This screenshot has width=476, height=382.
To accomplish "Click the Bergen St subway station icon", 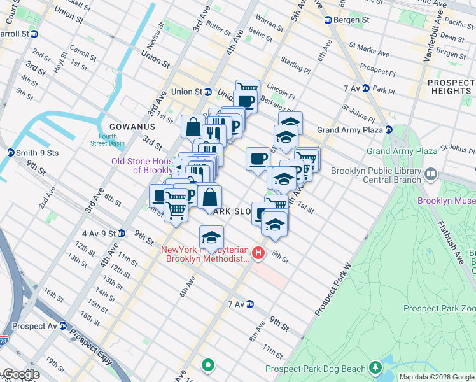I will point(328,20).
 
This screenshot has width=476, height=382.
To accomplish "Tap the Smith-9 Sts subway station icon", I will point(10,153).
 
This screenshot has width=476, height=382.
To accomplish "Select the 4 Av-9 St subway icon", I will point(121,234).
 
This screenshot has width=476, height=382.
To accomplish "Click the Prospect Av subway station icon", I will point(62,325).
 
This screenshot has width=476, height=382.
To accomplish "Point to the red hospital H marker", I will point(258,253).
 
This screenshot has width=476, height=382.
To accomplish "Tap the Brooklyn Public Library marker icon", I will point(431,173).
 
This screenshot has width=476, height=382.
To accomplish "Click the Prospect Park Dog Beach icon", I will point(375,369).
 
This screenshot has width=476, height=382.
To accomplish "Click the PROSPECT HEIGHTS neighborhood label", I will point(449,87).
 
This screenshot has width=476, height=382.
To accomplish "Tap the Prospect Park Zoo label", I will point(439,308).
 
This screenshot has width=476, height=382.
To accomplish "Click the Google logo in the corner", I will point(21,374).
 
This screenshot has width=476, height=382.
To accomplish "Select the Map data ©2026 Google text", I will point(437,377).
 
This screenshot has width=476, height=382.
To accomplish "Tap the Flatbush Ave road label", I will point(452,241).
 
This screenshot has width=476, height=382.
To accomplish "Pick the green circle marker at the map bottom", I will point(207,365).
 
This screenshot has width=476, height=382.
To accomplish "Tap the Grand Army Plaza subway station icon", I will point(388,130).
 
